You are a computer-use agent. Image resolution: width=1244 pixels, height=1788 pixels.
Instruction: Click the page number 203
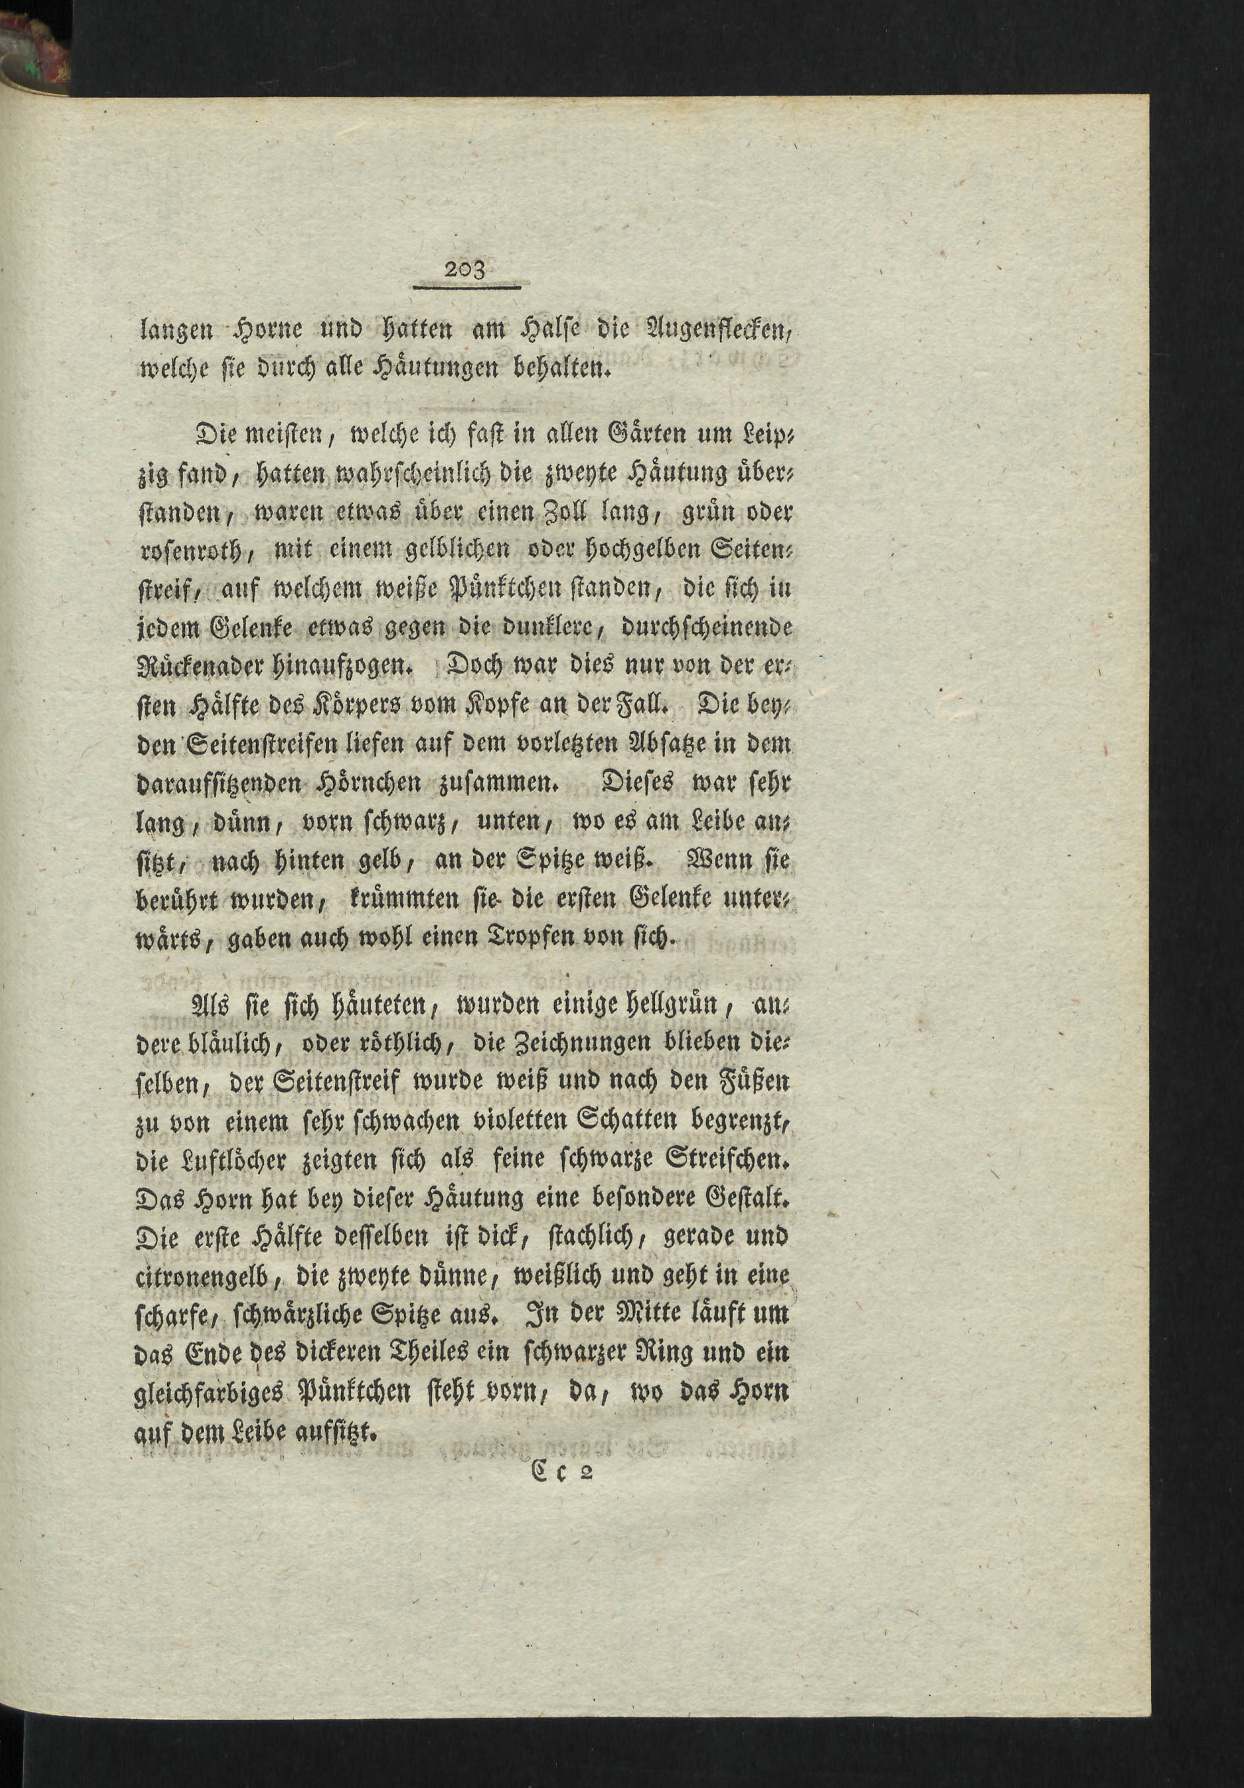tap(465, 270)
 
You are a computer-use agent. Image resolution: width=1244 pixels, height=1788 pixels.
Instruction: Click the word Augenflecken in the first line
tap(714, 332)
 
